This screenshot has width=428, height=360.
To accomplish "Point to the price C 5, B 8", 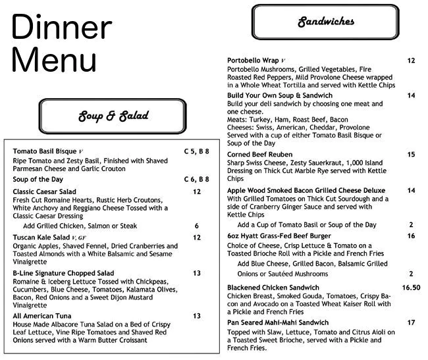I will pyautogui.click(x=196, y=151).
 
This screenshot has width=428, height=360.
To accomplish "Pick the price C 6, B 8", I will pyautogui.click(x=196, y=179).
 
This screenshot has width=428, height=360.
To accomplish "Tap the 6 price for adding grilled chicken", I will pyautogui.click(x=196, y=226).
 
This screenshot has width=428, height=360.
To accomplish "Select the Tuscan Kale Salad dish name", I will pyautogui.click(x=41, y=237).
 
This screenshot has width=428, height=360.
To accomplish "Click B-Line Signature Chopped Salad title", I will pyautogui.click(x=63, y=273).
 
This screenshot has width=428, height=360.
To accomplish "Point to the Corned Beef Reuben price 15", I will pyautogui.click(x=411, y=155).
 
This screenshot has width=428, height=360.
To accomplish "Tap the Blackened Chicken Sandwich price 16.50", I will pyautogui.click(x=411, y=288).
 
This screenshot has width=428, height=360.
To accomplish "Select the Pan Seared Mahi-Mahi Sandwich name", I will pyautogui.click(x=277, y=322).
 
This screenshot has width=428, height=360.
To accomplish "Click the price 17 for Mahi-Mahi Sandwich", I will pyautogui.click(x=411, y=322).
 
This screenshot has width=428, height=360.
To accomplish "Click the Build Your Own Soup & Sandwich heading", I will pyautogui.click(x=279, y=95).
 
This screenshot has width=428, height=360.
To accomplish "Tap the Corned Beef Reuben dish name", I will pyautogui.click(x=260, y=155).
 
